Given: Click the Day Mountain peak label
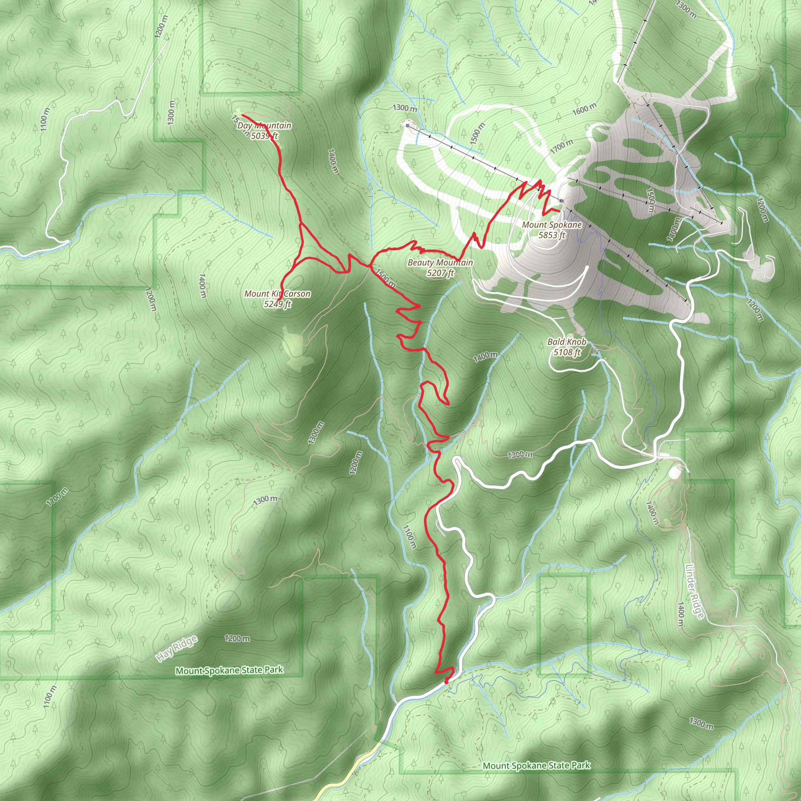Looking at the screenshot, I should coord(264,126).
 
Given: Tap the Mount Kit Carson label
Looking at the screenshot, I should coord(277,294).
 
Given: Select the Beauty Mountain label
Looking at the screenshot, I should coord(440,262).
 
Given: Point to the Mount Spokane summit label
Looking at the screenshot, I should coord(552,225).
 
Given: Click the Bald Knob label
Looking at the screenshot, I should coord(567,341).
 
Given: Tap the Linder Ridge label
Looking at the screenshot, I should coord(695,592).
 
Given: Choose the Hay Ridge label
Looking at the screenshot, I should coord(177,648).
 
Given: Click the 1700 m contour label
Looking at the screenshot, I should coord(562,146).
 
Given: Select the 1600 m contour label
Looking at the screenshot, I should coord(584,110).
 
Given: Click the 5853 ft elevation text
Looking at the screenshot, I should coord(552,235).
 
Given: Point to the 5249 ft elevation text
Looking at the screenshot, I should coord(277,304).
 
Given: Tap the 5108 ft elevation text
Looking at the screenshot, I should coord(567,352).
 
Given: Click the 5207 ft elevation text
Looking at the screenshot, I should coord(440,273).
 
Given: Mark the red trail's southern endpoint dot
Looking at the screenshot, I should coord(447,681).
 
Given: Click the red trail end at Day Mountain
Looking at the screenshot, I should coord(242,115).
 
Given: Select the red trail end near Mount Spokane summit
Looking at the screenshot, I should coord(560,211).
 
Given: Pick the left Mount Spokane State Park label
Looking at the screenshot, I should coord(229,670).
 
